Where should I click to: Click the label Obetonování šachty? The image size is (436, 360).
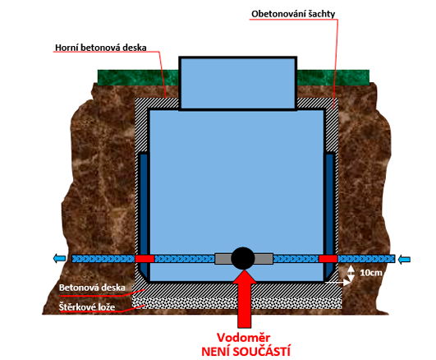pyautogui.click(x=293, y=14)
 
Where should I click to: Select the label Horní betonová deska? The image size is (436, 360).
pyautogui.click(x=101, y=48)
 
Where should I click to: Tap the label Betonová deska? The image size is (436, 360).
pyautogui.click(x=92, y=288)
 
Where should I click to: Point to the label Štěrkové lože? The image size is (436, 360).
pyautogui.click(x=87, y=307)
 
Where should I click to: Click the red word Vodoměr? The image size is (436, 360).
pyautogui.click(x=243, y=338)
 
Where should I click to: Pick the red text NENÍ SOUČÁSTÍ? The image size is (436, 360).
pyautogui.click(x=246, y=351)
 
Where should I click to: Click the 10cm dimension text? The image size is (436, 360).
pyautogui.click(x=371, y=273)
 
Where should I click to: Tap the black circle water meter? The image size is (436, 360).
pyautogui.click(x=243, y=258)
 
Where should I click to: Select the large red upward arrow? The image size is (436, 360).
pyautogui.click(x=245, y=298)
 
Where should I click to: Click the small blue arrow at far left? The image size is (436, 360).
pyautogui.click(x=59, y=259)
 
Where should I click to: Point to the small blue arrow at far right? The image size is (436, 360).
pyautogui.click(x=404, y=260)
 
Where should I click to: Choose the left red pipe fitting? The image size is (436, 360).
pyautogui.click(x=145, y=259)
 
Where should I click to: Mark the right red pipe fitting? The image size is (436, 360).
pyautogui.click(x=328, y=259)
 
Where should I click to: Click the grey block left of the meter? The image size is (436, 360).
pyautogui.click(x=223, y=259)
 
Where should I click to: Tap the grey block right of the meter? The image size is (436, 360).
pyautogui.click(x=264, y=259)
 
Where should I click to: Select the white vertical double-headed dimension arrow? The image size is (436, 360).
pyautogui.click(x=351, y=274)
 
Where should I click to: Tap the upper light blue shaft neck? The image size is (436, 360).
pyautogui.click(x=238, y=83)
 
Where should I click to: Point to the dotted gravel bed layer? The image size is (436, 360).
pyautogui.click(x=237, y=302)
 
